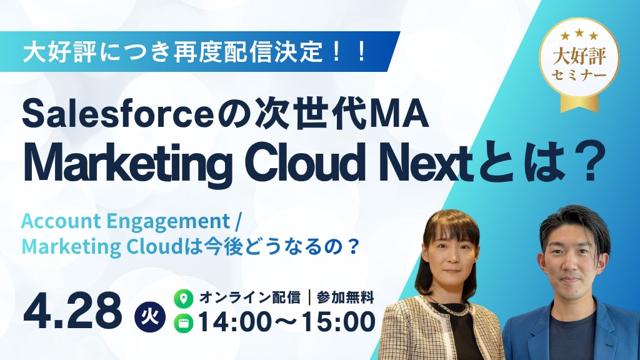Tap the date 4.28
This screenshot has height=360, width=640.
click(x=72, y=311)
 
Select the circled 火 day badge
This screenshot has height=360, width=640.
click(x=150, y=317)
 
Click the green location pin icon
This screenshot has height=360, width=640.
click(x=183, y=299)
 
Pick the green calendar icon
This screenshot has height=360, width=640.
click(x=183, y=323)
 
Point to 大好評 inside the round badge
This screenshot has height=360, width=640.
click(x=579, y=57)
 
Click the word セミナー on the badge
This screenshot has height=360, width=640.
click(x=579, y=76)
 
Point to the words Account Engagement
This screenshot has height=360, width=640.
click(x=125, y=222)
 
